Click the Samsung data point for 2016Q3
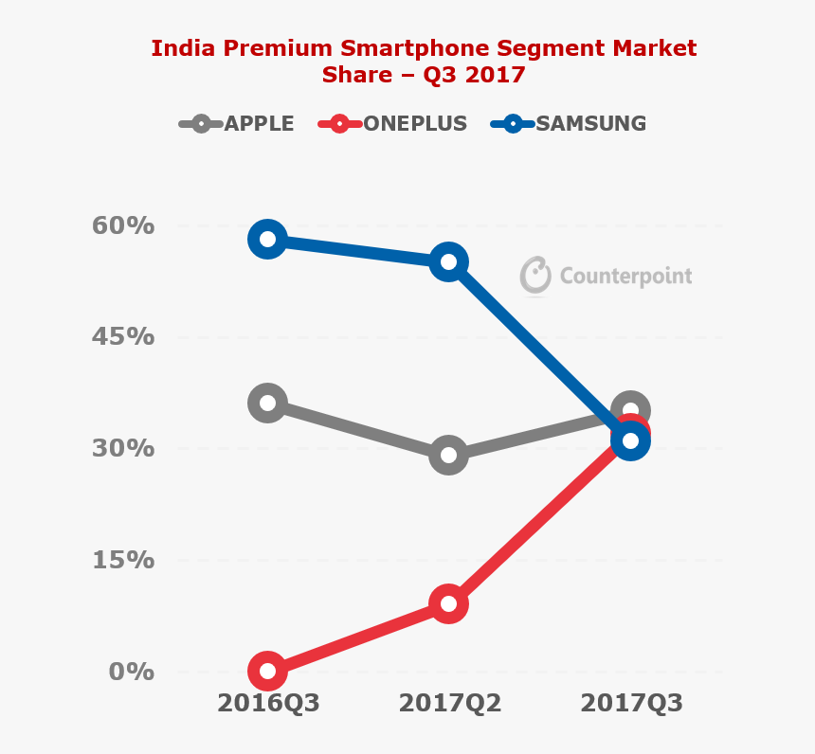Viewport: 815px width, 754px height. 267,239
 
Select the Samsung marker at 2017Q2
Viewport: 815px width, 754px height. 448,262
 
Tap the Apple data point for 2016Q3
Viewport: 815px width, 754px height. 267,404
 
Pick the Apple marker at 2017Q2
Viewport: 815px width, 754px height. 448,456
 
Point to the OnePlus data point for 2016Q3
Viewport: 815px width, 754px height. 267,672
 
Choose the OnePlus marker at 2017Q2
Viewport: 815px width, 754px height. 448,604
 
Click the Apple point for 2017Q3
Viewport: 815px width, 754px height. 630,409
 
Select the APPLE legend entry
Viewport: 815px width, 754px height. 237,123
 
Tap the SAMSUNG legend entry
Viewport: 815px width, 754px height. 569,123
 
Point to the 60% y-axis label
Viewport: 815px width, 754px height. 122,226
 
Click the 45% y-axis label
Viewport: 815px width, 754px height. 122,337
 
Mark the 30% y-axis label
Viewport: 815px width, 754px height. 122,448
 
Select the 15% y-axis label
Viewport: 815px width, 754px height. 122,560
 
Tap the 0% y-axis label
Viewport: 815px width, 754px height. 131,672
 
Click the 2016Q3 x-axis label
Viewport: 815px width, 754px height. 268,704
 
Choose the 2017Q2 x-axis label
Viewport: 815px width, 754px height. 449,704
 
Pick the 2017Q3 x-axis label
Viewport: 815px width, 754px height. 631,704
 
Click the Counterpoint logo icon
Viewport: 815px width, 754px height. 535,275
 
